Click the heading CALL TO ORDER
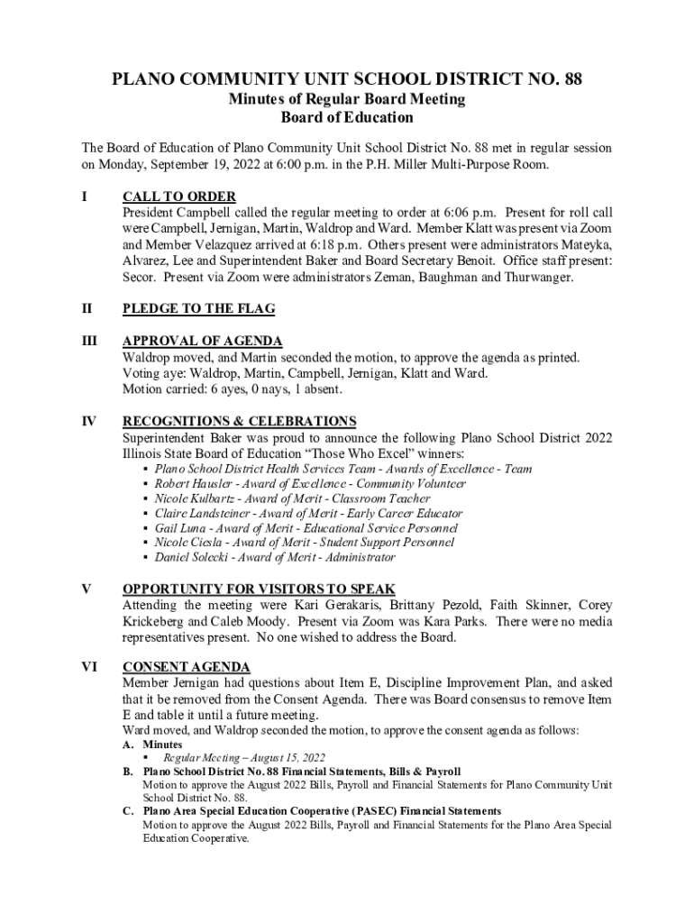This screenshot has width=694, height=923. point(179,196)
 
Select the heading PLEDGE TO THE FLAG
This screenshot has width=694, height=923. point(198,308)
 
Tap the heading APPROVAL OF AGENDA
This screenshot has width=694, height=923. point(203,341)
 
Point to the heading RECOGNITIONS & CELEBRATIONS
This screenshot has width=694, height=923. point(240,421)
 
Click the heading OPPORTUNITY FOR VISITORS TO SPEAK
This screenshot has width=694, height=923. point(259,589)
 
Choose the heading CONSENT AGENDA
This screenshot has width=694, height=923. point(187,667)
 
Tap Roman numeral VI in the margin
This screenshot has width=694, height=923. point(90,667)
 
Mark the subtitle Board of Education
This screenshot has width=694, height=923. point(347,118)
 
